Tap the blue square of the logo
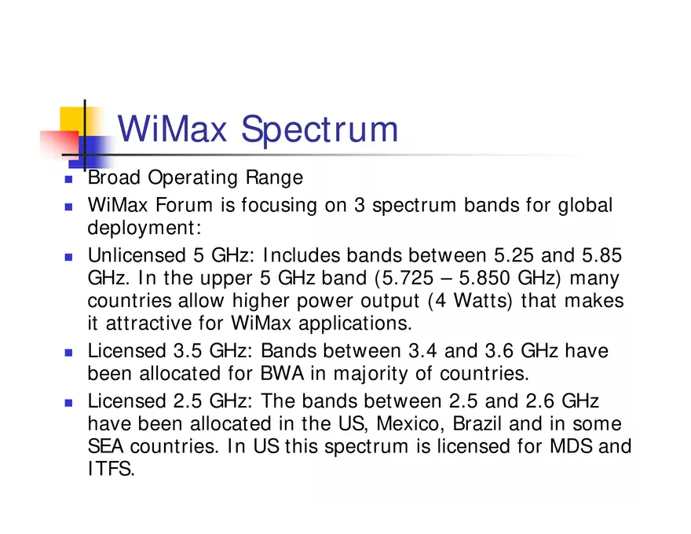[93, 149]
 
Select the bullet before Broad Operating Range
[68, 180]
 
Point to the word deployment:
[144, 229]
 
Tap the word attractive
[148, 323]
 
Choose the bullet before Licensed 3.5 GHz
[68, 353]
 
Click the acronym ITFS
[111, 470]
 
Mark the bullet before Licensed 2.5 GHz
[68, 403]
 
